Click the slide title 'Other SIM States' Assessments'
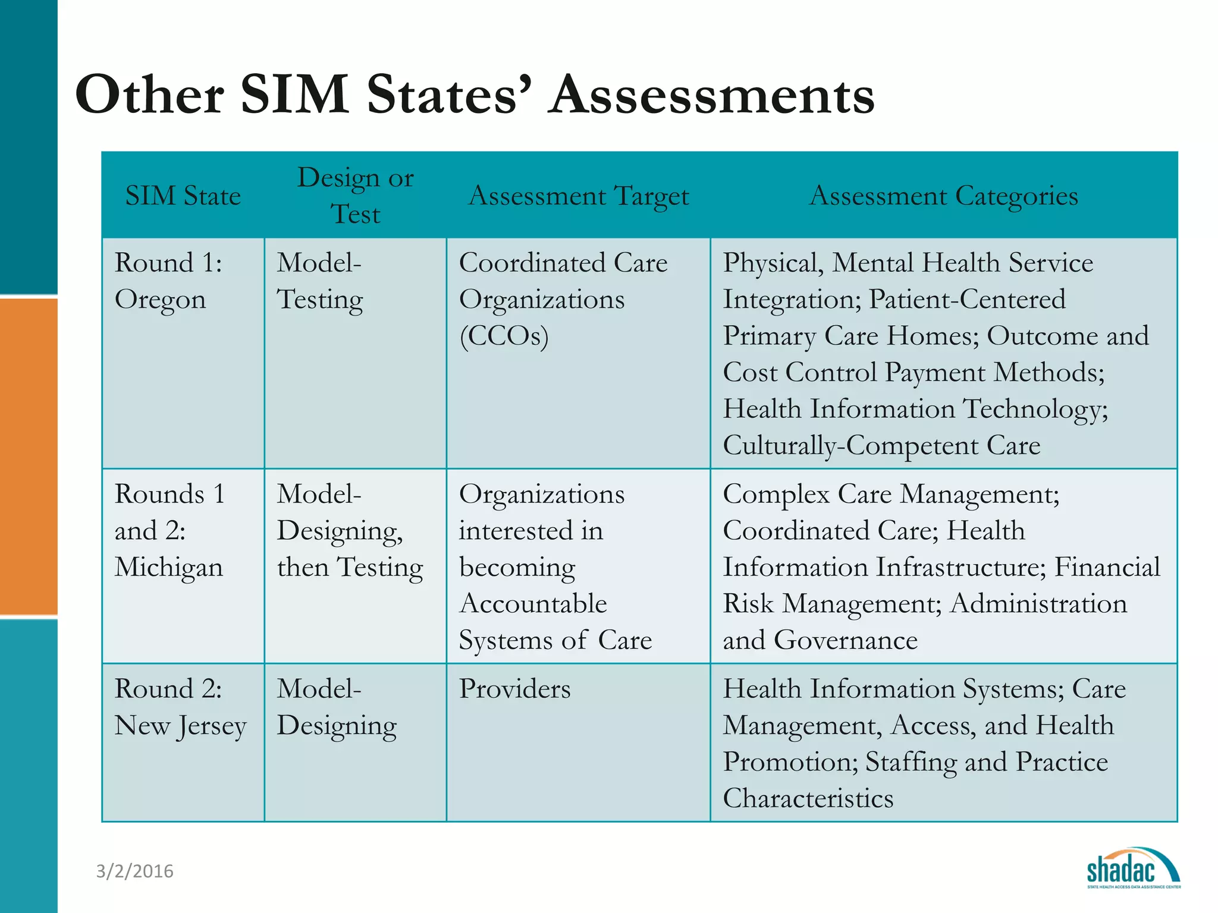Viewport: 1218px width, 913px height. click(x=475, y=95)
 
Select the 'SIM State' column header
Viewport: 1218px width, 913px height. click(x=183, y=196)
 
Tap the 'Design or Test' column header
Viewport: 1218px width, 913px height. click(x=356, y=196)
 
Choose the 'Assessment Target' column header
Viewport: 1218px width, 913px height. click(x=579, y=196)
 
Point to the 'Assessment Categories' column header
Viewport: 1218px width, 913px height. click(x=944, y=196)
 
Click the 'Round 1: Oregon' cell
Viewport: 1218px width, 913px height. click(x=168, y=281)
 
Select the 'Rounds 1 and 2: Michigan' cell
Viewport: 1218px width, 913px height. click(x=169, y=530)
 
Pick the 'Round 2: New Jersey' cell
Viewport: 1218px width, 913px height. click(x=180, y=707)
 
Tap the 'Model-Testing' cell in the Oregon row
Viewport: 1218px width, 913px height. click(x=320, y=281)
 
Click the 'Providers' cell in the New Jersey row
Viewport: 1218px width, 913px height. click(x=515, y=689)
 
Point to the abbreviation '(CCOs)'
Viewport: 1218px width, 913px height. click(x=504, y=336)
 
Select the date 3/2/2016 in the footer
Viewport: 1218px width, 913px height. click(x=135, y=871)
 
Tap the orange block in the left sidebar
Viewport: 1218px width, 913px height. click(x=29, y=456)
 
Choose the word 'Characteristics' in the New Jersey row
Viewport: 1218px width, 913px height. click(x=808, y=798)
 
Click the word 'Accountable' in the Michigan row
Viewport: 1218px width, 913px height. click(x=533, y=604)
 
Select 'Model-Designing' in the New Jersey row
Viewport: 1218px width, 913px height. click(x=337, y=707)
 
